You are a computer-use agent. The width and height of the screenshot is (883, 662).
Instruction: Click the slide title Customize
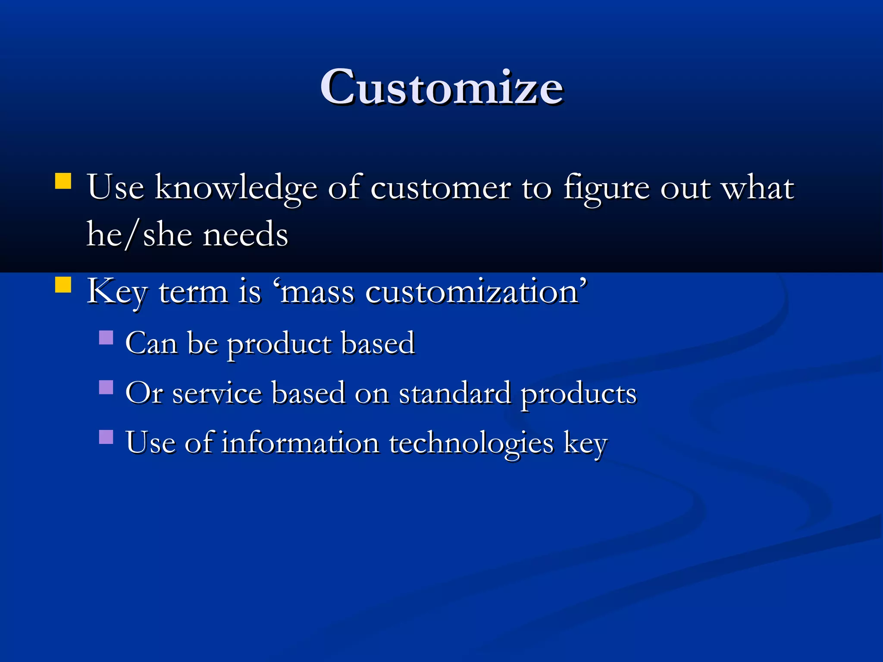click(441, 87)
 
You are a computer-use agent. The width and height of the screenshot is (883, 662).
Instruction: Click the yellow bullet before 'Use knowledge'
click(63, 181)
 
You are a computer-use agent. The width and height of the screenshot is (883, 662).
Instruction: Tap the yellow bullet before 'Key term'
click(63, 285)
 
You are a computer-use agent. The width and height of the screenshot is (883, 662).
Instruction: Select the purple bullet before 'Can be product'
click(106, 337)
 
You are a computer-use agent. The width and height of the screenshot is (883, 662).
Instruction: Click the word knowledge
click(236, 188)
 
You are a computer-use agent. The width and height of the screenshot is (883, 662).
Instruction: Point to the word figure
click(606, 188)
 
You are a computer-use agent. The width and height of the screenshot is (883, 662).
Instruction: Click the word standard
click(454, 393)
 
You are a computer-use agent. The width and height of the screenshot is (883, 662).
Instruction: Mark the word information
click(300, 443)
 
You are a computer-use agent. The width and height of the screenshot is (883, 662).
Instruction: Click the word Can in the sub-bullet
click(151, 343)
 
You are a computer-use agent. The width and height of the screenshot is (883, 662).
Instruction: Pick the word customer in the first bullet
click(440, 188)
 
